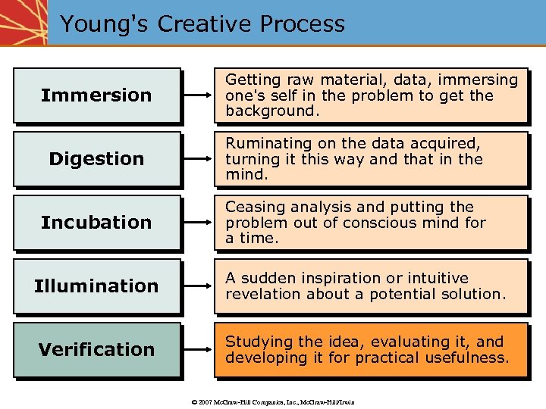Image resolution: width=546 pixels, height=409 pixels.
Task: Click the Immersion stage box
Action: (x=96, y=95)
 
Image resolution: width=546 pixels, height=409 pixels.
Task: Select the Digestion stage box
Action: (x=96, y=159)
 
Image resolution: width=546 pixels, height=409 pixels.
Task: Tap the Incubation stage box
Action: (x=96, y=223)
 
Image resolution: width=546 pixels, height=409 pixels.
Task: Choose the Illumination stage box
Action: (x=96, y=286)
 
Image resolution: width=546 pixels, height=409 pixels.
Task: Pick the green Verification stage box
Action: (x=96, y=350)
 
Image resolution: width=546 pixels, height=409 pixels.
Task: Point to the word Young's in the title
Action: (x=105, y=23)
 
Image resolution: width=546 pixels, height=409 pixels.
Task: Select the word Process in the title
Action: (x=302, y=23)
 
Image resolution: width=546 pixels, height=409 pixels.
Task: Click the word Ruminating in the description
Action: (x=263, y=143)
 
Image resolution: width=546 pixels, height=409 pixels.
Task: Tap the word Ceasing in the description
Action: (x=253, y=207)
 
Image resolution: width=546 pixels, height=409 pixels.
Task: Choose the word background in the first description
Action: (x=270, y=111)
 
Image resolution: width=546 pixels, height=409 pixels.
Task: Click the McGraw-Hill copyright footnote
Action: (x=273, y=401)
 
